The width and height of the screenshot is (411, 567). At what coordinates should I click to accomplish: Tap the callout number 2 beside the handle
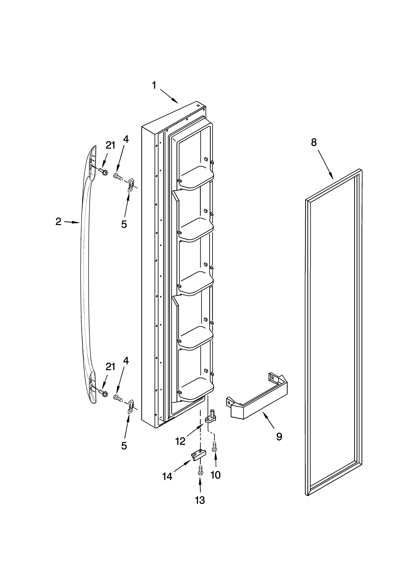pyautogui.click(x=58, y=222)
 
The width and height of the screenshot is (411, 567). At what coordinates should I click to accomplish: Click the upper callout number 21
pyautogui.click(x=110, y=145)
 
